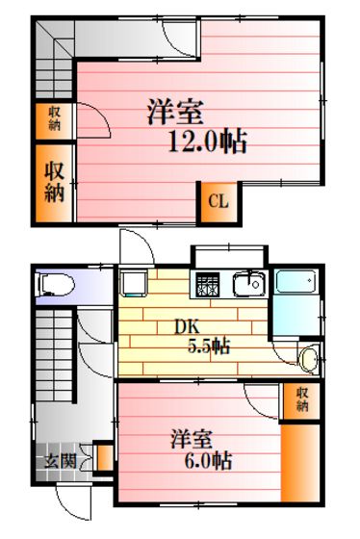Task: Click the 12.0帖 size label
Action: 207,141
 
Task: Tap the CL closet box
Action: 219,202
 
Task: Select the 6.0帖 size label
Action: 208,461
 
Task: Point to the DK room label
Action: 187,327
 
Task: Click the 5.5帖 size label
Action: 209,346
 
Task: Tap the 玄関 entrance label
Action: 61,462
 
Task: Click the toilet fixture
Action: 55,285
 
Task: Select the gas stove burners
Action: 208,285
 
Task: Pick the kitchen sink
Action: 249,284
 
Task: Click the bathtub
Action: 296,281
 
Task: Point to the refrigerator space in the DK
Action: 133,284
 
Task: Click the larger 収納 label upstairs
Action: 54,182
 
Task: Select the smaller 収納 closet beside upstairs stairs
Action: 54,121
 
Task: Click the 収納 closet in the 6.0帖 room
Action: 301,400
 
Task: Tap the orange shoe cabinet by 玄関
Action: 105,458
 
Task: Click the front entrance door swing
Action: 74,500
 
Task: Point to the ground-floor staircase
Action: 54,355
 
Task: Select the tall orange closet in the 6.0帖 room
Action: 300,463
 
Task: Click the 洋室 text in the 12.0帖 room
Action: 176,112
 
